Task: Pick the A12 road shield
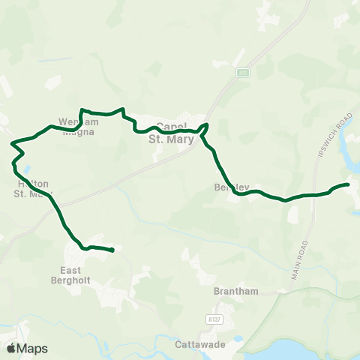[x=243, y=72]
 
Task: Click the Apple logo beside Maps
[x=12, y=348]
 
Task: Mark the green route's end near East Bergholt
[x=112, y=250]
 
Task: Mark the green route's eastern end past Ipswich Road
[x=348, y=184]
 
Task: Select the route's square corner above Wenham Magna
[x=81, y=109]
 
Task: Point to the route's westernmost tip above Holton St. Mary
[x=12, y=142]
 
